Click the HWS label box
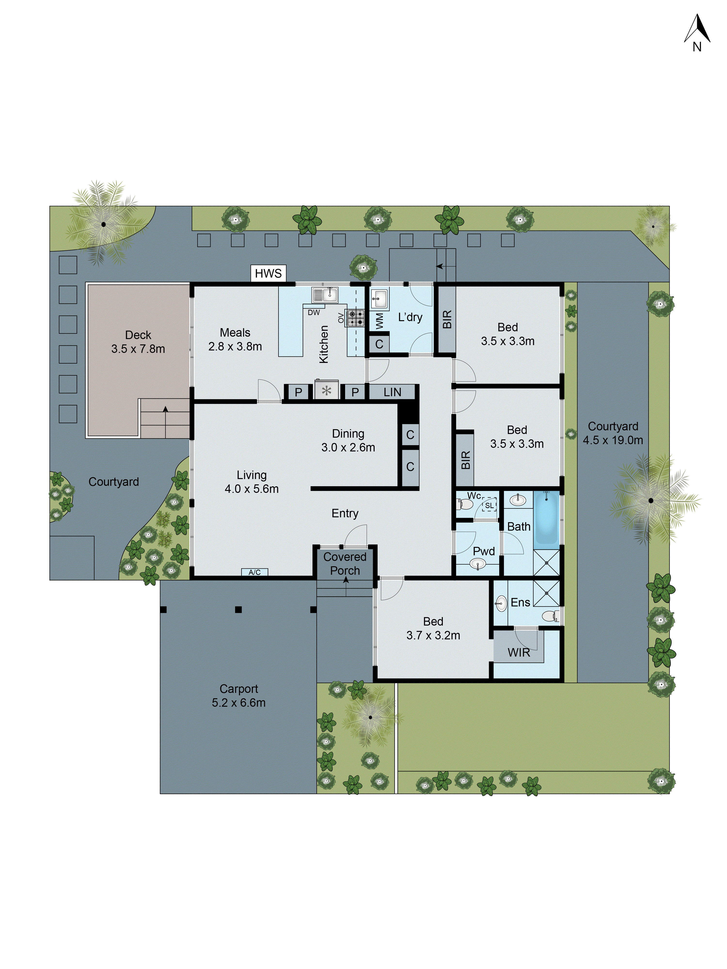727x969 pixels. click(x=268, y=273)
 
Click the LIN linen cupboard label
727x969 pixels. click(x=392, y=392)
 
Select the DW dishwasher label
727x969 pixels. click(x=314, y=312)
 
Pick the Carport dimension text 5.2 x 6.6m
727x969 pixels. click(x=239, y=703)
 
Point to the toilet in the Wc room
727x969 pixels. click(x=465, y=505)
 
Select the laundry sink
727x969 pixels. click(x=379, y=299)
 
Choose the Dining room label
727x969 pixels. click(x=348, y=434)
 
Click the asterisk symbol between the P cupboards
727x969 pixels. click(x=326, y=391)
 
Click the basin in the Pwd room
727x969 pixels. click(x=478, y=564)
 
